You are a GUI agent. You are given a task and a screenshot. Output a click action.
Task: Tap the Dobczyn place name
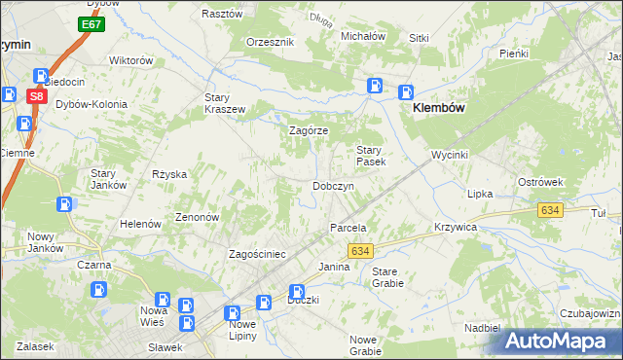click(x=339, y=186)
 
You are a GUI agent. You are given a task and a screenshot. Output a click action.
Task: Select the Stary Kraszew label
click(x=224, y=103)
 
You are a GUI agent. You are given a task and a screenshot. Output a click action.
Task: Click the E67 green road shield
click(x=92, y=24)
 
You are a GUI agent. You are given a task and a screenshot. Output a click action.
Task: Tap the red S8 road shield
click(x=35, y=96)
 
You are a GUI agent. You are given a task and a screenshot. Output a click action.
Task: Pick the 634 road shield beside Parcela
click(x=360, y=251)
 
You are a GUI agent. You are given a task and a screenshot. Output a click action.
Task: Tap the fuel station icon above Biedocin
click(x=42, y=75)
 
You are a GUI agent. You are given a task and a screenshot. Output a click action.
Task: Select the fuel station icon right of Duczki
click(x=297, y=291)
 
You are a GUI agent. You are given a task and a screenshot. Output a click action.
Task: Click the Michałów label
click(x=363, y=36)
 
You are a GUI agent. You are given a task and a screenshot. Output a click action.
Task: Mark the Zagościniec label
click(x=256, y=254)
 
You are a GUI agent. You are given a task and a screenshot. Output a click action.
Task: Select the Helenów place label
click(x=139, y=224)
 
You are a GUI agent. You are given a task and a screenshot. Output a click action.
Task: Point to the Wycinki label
click(x=451, y=155)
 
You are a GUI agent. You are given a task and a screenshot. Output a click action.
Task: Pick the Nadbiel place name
click(x=482, y=328)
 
